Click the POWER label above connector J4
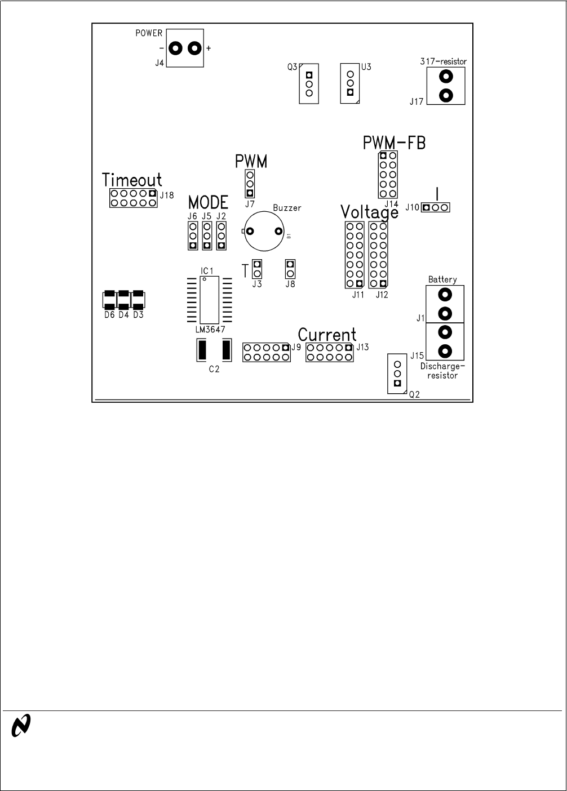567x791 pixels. point(149,33)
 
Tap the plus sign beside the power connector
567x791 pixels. point(209,48)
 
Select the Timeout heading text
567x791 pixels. point(132,180)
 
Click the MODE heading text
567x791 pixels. point(208,202)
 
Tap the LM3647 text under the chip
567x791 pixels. point(206,333)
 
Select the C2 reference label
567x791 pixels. point(214,369)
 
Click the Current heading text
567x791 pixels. point(327,335)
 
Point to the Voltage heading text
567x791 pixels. point(369,213)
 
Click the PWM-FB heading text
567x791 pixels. point(394,143)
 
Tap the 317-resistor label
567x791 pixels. point(444,61)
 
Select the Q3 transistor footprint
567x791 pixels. point(309,83)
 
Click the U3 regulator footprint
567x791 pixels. point(350,83)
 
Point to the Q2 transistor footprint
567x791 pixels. point(397,374)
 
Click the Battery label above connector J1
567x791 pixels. point(442,279)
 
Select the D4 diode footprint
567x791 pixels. point(123,300)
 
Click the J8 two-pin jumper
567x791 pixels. point(290,269)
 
